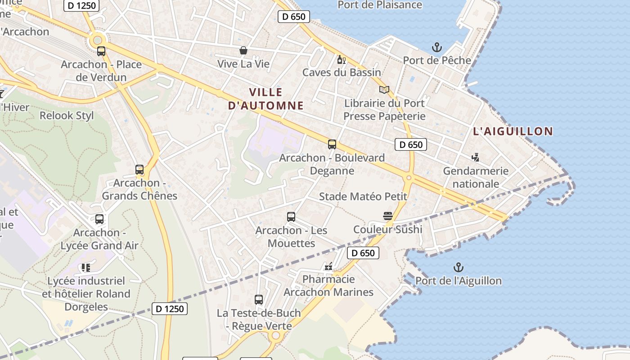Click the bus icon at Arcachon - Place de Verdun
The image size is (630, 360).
click(x=101, y=51)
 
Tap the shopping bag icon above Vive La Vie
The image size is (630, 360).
click(x=243, y=50)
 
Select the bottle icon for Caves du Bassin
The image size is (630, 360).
click(x=341, y=59)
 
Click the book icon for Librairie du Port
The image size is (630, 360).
click(x=384, y=90)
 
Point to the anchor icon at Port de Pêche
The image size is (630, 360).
click(x=436, y=47)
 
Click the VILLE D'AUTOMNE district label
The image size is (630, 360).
click(x=265, y=99)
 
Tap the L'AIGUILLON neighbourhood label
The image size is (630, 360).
click(x=513, y=131)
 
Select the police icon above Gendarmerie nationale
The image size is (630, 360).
click(x=475, y=157)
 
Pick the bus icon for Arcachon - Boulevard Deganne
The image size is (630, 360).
click(x=332, y=144)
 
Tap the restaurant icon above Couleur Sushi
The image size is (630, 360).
click(x=388, y=216)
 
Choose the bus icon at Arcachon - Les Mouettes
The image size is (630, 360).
click(x=291, y=217)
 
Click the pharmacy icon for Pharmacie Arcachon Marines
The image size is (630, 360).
click(x=328, y=266)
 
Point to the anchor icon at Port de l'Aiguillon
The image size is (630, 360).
click(x=458, y=268)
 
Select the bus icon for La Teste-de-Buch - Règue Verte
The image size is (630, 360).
click(x=258, y=299)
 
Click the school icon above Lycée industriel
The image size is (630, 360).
click(x=86, y=268)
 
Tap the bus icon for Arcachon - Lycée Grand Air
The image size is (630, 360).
click(x=99, y=219)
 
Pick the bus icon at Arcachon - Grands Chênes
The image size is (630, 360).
click(x=139, y=170)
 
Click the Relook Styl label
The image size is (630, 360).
click(x=67, y=116)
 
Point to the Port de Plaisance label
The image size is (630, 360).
click(x=380, y=5)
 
